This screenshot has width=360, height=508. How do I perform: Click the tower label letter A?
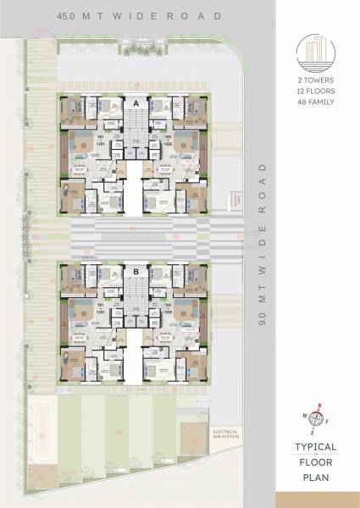(x=136, y=102)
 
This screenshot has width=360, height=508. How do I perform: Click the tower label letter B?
(x=136, y=272)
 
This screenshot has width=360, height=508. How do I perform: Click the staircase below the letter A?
(x=136, y=126)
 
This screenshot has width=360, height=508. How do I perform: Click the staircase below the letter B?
(x=136, y=295)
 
